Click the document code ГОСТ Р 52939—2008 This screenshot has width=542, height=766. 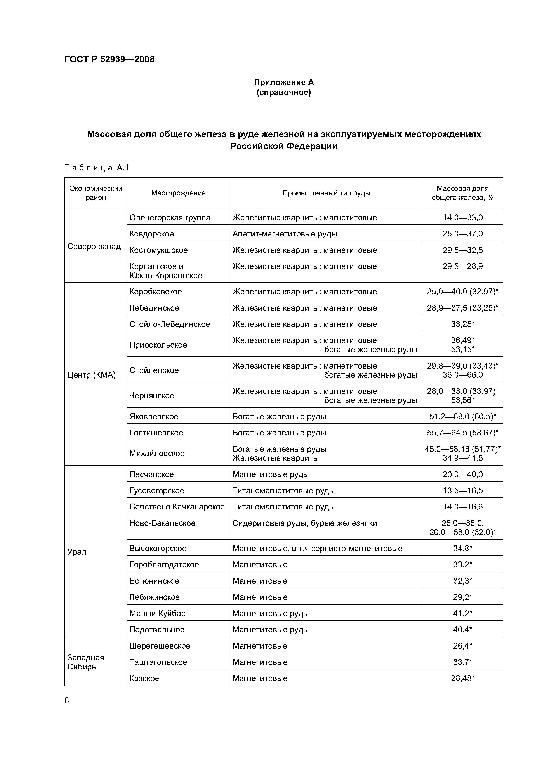109,59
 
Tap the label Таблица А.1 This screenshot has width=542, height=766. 97,167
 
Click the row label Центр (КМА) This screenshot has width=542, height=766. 91,375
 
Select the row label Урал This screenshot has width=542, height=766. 77,552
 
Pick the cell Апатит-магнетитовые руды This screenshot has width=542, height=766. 285,234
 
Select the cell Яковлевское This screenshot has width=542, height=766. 154,416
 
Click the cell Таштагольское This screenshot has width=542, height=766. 158,662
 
